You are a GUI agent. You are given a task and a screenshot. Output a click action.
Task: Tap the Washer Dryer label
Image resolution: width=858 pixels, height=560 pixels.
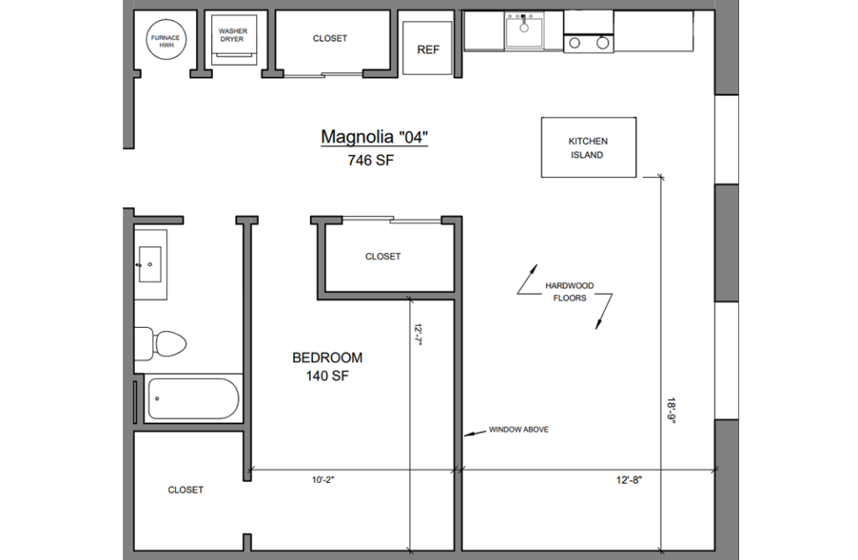point(232,34)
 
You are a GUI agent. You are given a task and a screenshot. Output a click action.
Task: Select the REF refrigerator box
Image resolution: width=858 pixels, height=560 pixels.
point(428,49)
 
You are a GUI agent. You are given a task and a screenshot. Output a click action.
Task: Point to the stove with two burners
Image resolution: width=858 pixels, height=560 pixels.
point(589,43)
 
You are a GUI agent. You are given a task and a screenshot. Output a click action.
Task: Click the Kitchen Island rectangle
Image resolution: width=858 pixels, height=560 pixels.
point(588,148)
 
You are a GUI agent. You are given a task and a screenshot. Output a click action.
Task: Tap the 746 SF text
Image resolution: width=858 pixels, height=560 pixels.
point(370,162)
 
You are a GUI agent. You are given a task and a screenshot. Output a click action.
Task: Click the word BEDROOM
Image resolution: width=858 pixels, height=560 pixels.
point(327,358)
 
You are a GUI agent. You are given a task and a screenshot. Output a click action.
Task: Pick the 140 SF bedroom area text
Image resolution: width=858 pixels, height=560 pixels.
point(327,376)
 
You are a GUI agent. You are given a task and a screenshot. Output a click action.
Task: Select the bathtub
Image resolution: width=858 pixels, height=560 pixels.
point(194,399)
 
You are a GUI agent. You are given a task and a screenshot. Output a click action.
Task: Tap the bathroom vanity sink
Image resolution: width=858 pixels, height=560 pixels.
point(150,264)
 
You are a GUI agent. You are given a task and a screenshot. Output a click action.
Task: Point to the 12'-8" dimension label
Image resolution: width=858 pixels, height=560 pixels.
point(628,480)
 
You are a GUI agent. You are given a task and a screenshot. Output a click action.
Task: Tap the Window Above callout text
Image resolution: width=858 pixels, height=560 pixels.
point(519,429)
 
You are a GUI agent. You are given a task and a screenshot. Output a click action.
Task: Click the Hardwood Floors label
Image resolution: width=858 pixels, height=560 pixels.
point(569,292)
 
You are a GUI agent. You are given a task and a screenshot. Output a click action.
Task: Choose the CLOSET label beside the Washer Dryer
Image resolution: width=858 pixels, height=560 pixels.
point(330,39)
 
